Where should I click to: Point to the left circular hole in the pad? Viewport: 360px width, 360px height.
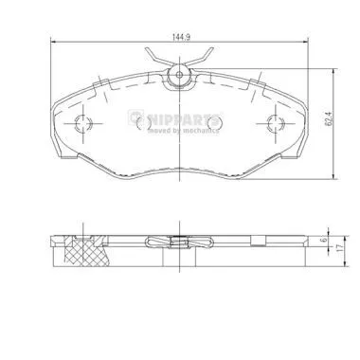(x=82, y=122)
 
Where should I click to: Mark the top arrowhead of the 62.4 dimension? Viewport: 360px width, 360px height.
(x=334, y=70)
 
